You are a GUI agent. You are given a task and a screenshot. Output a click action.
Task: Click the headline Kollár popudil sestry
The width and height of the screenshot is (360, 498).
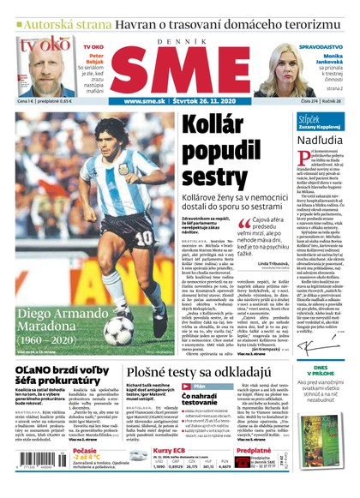pos(231,141)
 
